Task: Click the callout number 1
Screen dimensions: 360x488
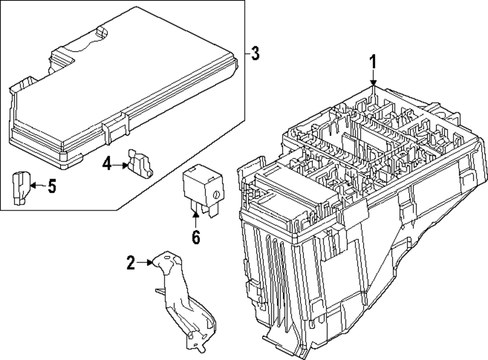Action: [x=373, y=62]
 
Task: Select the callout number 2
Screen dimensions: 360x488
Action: [x=130, y=263]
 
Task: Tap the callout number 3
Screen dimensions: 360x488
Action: [x=254, y=53]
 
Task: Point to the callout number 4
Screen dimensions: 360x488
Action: [x=107, y=164]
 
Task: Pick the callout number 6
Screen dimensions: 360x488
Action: [x=195, y=237]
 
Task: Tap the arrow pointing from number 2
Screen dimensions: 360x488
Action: [x=146, y=263]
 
